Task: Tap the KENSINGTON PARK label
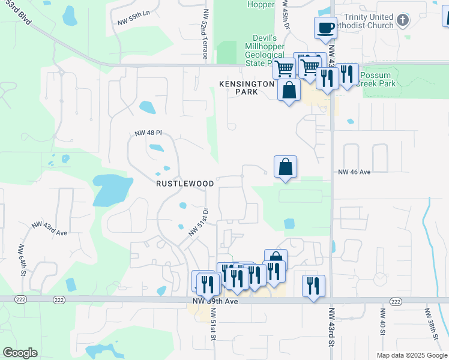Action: [x=247, y=88]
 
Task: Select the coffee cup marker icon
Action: [x=325, y=28]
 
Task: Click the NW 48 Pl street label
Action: [x=148, y=133]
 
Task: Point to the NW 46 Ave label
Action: [x=355, y=172]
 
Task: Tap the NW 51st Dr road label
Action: [x=197, y=222]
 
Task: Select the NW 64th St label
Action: [x=22, y=257]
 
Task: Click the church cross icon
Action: [x=402, y=21]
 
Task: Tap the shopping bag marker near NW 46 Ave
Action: [x=285, y=167]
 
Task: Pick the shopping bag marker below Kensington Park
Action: [x=289, y=90]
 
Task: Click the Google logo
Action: [x=20, y=353]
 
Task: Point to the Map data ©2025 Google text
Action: [x=411, y=355]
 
